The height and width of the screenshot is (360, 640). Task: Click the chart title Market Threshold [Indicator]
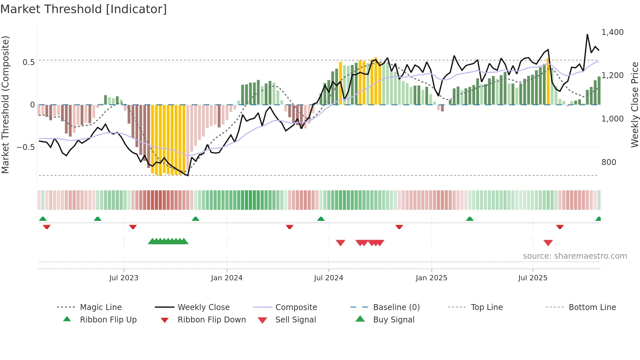pyautogui.click(x=84, y=9)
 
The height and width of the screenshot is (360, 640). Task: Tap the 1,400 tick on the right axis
pyautogui.click(x=612, y=32)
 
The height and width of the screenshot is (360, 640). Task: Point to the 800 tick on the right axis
pyautogui.click(x=609, y=162)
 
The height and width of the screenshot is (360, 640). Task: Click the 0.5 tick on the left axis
pyautogui.click(x=28, y=62)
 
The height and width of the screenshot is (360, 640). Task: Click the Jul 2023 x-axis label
pyautogui.click(x=124, y=278)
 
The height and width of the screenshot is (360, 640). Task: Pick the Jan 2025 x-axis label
pyautogui.click(x=431, y=278)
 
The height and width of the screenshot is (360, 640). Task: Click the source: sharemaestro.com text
pyautogui.click(x=575, y=256)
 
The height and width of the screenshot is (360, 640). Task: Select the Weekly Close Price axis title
pyautogui.click(x=634, y=105)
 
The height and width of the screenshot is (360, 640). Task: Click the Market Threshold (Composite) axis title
pyautogui.click(x=5, y=105)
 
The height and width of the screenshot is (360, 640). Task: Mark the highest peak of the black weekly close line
pyautogui.click(x=587, y=34)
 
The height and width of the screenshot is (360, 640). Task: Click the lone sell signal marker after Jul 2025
pyautogui.click(x=548, y=243)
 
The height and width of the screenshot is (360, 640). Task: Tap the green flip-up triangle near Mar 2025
pyautogui.click(x=470, y=219)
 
